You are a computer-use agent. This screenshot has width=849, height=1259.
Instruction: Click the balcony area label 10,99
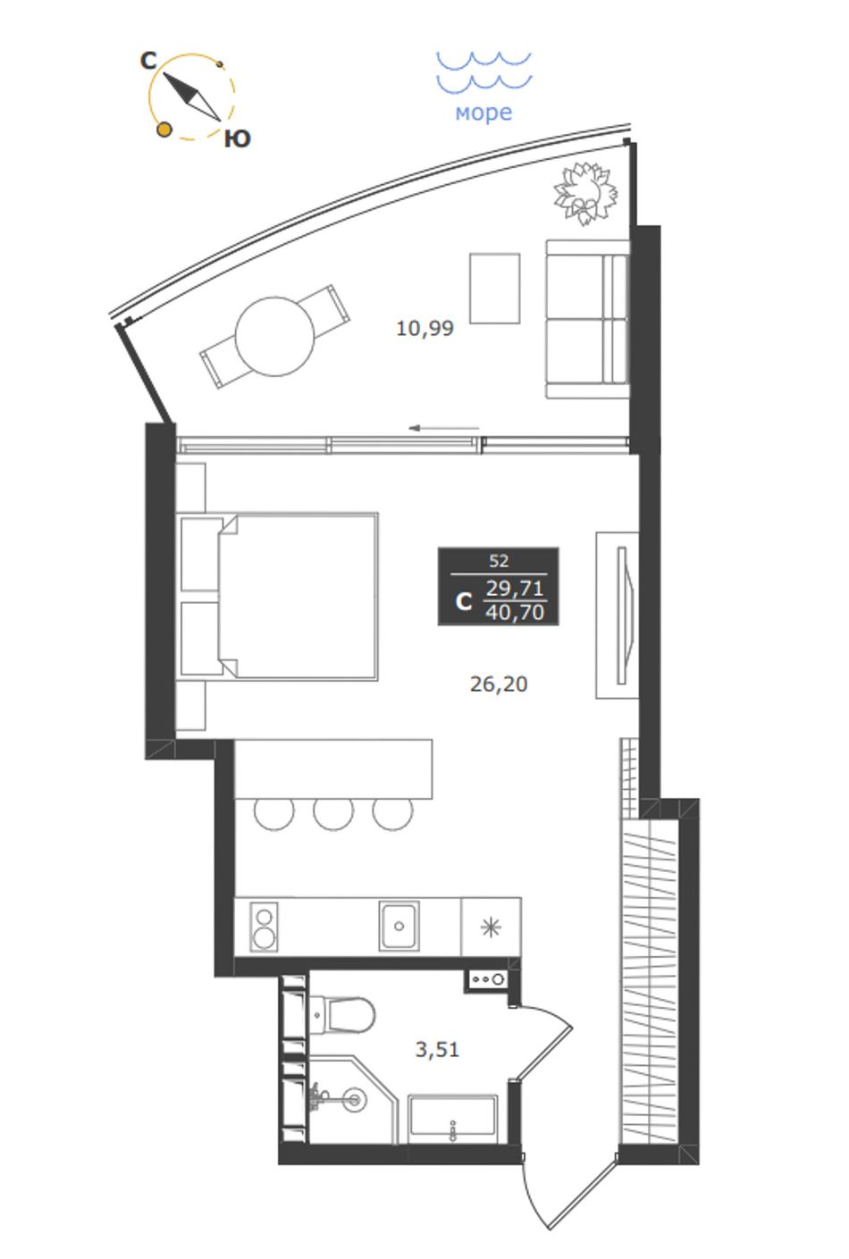coord(424,328)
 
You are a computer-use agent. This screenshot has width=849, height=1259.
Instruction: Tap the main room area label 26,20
coord(499,684)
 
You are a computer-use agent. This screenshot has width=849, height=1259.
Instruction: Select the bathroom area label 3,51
coord(437,1049)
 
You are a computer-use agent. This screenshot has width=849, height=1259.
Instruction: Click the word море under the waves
coord(483,113)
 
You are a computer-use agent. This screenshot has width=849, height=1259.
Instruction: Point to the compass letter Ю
coord(237,138)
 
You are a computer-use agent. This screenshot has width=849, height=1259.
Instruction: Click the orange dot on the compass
coord(164,130)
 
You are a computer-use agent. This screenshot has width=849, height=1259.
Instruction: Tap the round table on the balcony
coord(274,337)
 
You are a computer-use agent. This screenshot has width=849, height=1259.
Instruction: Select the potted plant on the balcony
coord(585,193)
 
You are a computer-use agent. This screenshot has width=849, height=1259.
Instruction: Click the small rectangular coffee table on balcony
coord(495,289)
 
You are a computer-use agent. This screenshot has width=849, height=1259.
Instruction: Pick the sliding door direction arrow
coord(443,428)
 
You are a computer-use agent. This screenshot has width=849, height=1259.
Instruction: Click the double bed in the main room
coord(277,596)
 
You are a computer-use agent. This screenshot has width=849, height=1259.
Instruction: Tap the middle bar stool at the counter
coord(333,814)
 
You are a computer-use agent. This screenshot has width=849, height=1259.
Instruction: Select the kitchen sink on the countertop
coord(399,926)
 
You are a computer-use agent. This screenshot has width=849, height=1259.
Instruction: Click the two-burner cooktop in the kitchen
coord(264,927)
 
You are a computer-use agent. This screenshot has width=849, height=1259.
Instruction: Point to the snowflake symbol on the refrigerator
coord(491,927)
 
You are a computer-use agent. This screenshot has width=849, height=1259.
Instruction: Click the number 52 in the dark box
coord(499,561)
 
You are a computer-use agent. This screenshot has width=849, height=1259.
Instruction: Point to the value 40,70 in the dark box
coord(515,612)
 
